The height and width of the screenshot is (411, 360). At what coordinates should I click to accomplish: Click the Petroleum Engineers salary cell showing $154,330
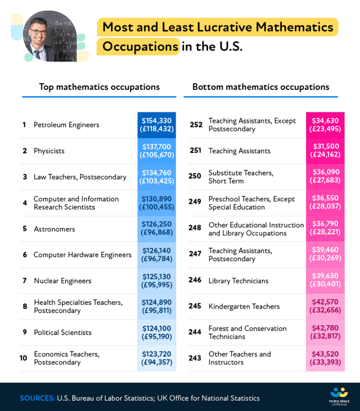point(157,125)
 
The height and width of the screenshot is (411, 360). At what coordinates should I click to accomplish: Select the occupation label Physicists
point(49,151)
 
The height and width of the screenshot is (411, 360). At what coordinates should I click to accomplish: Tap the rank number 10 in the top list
point(23,358)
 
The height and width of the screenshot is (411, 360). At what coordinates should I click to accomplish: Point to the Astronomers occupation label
point(54,229)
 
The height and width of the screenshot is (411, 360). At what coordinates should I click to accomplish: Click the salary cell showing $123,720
point(157,358)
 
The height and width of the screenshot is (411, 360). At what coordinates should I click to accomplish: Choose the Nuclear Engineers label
point(62,281)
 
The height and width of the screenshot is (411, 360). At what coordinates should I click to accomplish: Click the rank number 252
point(196,125)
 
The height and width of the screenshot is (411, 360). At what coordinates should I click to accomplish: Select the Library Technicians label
point(238,281)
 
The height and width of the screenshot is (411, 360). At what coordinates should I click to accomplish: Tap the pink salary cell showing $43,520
point(325,358)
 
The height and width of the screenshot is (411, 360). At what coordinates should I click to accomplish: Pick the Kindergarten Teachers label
point(244,306)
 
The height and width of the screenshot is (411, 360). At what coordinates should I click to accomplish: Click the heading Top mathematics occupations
point(99,87)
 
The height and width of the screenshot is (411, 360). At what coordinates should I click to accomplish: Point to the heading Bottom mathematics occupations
point(261,87)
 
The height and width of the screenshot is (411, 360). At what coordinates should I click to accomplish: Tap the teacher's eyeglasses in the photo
point(37,31)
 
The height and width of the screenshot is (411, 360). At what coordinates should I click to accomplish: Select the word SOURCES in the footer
point(37,398)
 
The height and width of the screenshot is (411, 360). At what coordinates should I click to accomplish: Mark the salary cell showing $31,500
point(325,151)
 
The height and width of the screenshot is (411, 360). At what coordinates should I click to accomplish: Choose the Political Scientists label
point(63,332)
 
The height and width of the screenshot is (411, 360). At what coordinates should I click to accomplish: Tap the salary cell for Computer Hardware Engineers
point(157,255)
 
